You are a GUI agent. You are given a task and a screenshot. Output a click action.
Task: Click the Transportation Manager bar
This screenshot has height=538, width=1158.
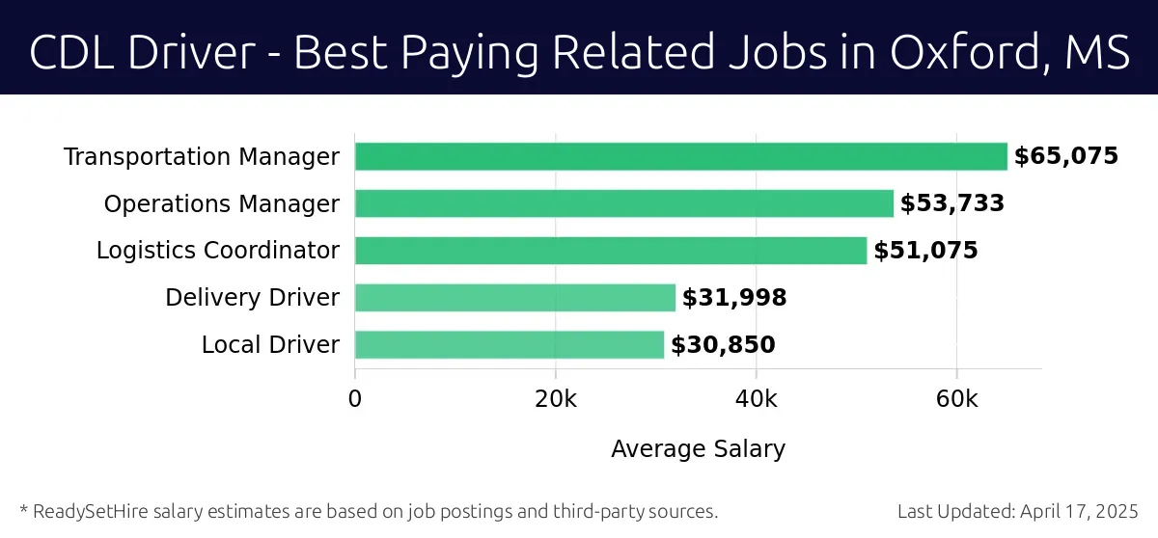[x=680, y=156]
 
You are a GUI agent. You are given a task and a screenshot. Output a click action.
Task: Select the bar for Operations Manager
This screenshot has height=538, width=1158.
[x=623, y=203]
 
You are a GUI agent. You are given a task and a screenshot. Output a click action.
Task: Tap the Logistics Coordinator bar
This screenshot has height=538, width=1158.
[x=610, y=251]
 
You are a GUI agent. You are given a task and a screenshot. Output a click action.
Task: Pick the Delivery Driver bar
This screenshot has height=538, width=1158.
[x=514, y=298]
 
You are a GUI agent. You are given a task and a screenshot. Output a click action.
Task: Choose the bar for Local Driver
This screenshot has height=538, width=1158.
[x=509, y=344]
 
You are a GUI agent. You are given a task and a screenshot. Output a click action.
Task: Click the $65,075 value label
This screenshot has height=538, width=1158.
[x=1065, y=156]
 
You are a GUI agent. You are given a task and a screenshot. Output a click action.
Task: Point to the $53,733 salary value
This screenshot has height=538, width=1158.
[x=952, y=203]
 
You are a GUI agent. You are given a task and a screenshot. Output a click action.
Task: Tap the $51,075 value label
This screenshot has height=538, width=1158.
[x=925, y=251]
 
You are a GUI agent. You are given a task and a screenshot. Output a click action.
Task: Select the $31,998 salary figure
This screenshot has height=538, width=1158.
[x=734, y=298]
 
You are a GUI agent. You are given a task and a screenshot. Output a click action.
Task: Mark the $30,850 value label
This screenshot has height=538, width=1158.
[x=723, y=345]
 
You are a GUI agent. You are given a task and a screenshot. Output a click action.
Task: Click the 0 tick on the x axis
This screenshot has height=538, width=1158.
[x=355, y=399]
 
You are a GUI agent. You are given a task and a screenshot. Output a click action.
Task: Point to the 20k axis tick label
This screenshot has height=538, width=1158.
[x=555, y=399]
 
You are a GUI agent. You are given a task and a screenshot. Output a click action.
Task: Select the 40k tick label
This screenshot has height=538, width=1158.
[x=756, y=399]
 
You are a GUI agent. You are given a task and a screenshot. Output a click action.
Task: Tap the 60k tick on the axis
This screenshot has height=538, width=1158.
[x=956, y=399]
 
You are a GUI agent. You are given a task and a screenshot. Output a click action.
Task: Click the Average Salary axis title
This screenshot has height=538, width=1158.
[x=698, y=448]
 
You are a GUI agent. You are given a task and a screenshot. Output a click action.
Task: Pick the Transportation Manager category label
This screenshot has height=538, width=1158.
[x=202, y=156]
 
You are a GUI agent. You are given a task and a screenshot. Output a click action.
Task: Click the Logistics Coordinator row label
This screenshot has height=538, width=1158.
[x=218, y=251]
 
